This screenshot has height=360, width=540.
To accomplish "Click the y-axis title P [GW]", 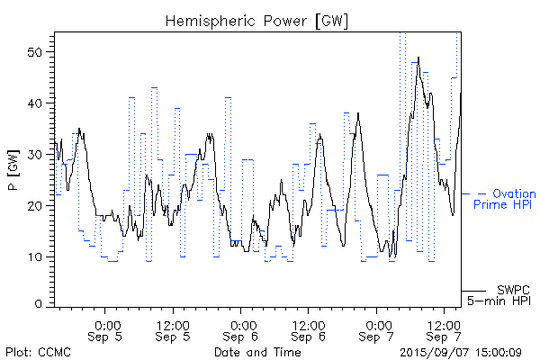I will pos(13,167).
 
